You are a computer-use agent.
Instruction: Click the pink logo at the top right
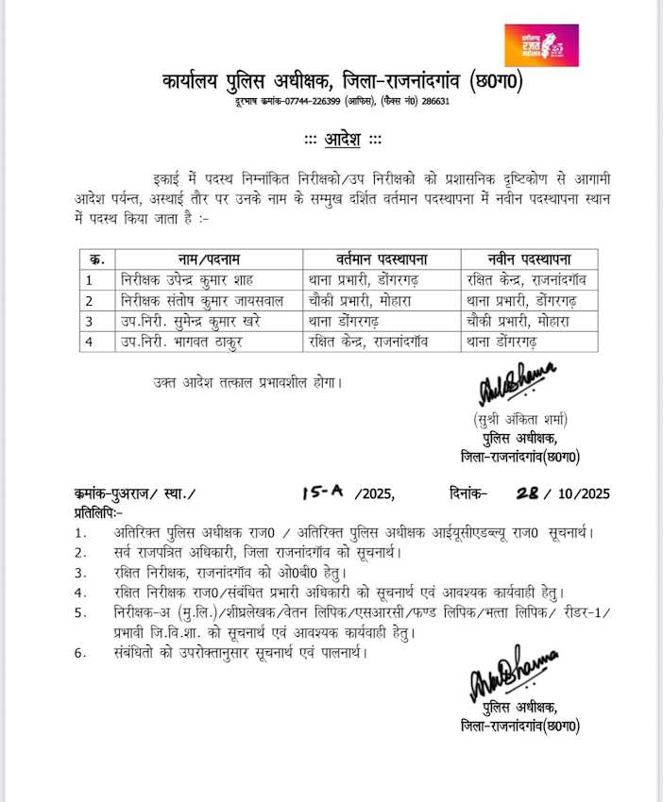click(x=541, y=45)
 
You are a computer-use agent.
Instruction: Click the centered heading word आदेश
click(x=343, y=140)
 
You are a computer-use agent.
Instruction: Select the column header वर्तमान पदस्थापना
click(x=382, y=259)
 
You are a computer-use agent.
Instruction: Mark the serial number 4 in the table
click(x=89, y=342)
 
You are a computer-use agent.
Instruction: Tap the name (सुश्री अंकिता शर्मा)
click(x=520, y=418)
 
